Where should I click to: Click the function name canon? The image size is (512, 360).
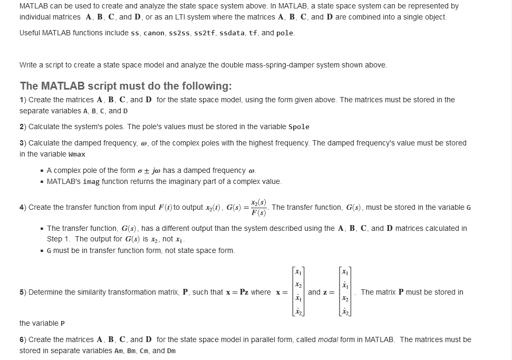tap(154, 33)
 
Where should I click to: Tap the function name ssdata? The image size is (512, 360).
tap(231, 33)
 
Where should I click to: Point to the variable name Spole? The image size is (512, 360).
tap(299, 127)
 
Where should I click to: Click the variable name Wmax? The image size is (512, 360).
tap(77, 154)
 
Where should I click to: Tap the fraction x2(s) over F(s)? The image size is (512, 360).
tap(258, 208)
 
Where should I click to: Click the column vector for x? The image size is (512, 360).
tap(298, 292)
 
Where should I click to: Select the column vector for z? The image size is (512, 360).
tap(345, 292)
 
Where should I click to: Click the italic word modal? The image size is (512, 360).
tap(328, 339)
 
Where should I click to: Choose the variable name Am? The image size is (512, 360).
tap(119, 351)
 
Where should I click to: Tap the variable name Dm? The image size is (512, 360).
tap(171, 351)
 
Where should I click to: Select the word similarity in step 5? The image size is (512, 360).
tap(85, 292)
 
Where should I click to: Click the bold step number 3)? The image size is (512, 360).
tap(23, 143)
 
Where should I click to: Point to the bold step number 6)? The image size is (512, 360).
tap(23, 339)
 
